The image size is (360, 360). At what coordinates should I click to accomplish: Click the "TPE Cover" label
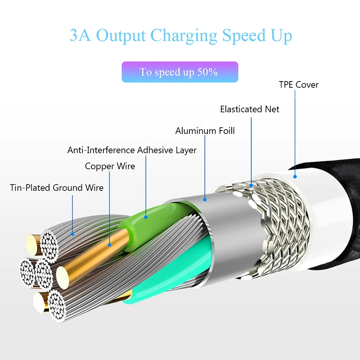[x=298, y=85]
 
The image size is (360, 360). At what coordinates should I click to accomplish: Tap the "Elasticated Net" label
[x=249, y=109]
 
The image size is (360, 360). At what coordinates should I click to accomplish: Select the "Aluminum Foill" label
[x=205, y=131]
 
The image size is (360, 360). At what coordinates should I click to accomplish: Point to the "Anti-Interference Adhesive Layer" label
[x=132, y=150]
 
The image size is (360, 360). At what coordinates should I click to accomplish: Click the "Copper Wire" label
[x=110, y=166]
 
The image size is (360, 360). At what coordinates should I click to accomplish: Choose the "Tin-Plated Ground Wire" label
[x=57, y=187]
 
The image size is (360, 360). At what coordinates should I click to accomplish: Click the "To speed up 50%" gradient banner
[x=180, y=72]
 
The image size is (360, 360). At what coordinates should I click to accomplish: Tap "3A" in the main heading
[x=80, y=36]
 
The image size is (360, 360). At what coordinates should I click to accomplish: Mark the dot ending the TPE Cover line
[x=296, y=177]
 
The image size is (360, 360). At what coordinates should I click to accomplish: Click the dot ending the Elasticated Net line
[x=252, y=184]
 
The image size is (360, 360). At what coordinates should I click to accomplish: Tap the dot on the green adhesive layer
[x=146, y=217]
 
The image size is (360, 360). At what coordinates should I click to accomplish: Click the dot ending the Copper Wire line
[x=110, y=246]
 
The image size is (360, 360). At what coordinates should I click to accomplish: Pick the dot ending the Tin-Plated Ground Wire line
[x=72, y=233]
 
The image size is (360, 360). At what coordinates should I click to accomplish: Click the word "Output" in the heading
[x=121, y=36]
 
